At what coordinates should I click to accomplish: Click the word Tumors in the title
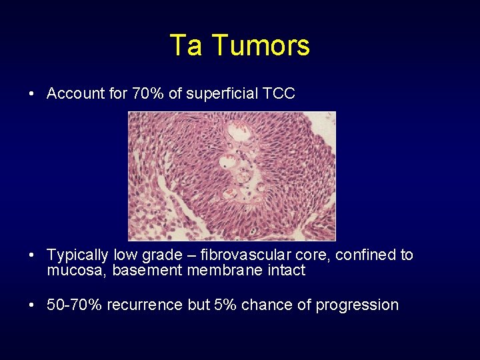261,46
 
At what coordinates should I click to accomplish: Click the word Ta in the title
186,46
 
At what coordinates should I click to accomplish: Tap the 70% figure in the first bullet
147,93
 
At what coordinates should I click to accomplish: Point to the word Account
73,93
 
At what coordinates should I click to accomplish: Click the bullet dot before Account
32,94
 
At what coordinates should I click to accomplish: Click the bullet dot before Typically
32,255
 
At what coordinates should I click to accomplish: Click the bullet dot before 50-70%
32,305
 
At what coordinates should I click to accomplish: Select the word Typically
77,255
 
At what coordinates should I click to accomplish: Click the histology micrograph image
231,176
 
